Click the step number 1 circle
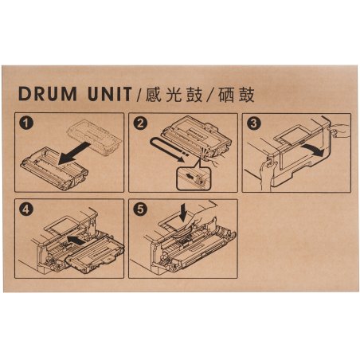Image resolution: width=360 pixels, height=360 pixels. click(27, 123)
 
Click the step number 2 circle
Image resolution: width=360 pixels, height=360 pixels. click(140, 123)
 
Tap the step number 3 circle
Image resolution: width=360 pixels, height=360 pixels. click(253, 123)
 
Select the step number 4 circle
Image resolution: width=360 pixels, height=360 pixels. click(27, 210)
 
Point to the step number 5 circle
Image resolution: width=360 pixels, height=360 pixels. click(140, 210)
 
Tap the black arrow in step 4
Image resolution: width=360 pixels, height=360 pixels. click(76, 237)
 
